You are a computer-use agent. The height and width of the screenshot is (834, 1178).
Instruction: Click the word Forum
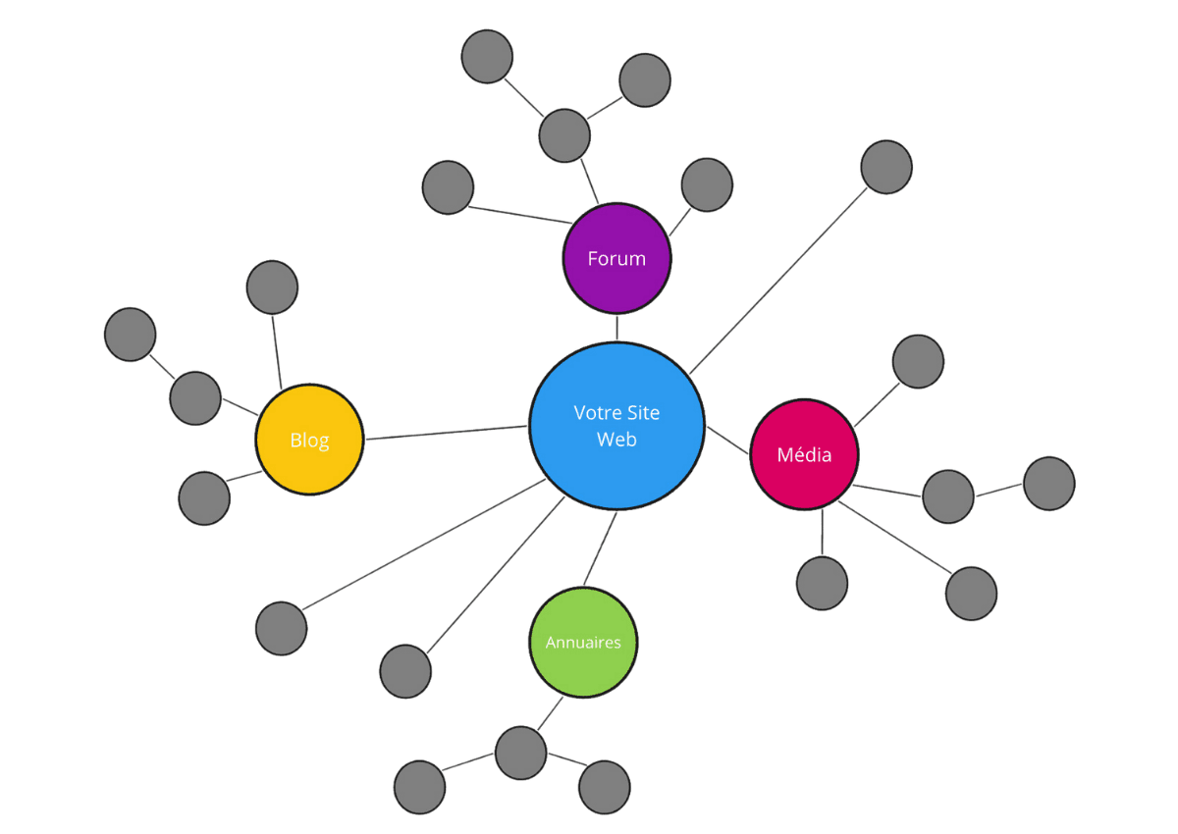tap(616, 259)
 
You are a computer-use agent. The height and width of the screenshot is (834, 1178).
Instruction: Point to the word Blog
tap(309, 441)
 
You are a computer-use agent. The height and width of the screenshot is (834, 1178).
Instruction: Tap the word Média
tap(804, 455)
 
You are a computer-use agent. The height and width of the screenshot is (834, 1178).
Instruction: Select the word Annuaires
tap(583, 643)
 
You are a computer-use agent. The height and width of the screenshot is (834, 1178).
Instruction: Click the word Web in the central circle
tap(616, 440)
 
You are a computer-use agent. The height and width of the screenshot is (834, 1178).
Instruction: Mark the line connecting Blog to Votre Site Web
tap(447, 433)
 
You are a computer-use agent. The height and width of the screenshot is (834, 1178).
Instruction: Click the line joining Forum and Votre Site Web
tap(616, 328)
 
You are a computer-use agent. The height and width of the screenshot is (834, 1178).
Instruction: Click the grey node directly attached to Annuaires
tap(520, 754)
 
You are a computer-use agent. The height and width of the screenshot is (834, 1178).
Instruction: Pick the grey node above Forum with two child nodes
tap(564, 135)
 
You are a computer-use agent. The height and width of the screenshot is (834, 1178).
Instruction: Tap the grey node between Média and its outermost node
tap(948, 496)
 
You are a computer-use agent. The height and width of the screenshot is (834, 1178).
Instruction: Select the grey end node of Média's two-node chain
tap(1049, 484)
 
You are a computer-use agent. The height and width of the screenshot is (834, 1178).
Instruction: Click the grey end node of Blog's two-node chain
tap(130, 335)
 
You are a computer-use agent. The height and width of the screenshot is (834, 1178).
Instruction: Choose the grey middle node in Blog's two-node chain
tap(194, 398)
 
